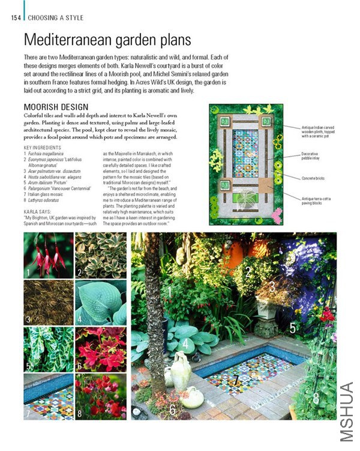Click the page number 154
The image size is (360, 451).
coord(16,18)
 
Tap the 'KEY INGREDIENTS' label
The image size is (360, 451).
coord(44,148)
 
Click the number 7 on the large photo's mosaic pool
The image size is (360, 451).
coord(236,380)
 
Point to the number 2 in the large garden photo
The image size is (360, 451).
coord(248,272)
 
